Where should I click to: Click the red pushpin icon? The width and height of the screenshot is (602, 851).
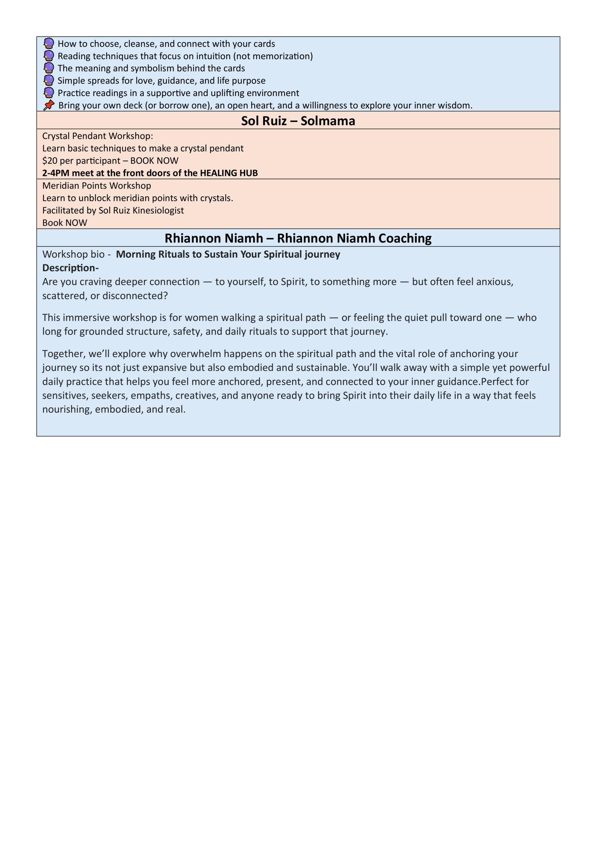[49, 105]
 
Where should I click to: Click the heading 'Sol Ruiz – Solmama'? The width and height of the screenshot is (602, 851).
[298, 121]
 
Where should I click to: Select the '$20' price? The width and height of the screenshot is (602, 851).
[50, 161]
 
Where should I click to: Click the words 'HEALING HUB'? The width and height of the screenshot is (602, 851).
[228, 173]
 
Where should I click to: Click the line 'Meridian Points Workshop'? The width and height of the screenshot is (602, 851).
[96, 186]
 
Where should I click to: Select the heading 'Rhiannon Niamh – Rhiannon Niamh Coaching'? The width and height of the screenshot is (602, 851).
[298, 238]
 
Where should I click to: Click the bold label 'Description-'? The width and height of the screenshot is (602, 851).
[71, 268]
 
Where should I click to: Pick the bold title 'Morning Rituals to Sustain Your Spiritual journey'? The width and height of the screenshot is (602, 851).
[228, 254]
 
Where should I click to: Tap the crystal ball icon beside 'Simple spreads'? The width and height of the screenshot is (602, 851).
[49, 80]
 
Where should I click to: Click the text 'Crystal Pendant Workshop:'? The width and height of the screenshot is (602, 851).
[97, 136]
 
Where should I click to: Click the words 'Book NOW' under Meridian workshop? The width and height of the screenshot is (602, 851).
[65, 223]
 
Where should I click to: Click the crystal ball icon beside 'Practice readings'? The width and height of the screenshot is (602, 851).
[49, 93]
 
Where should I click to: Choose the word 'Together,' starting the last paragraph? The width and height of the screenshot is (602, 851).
[64, 354]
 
